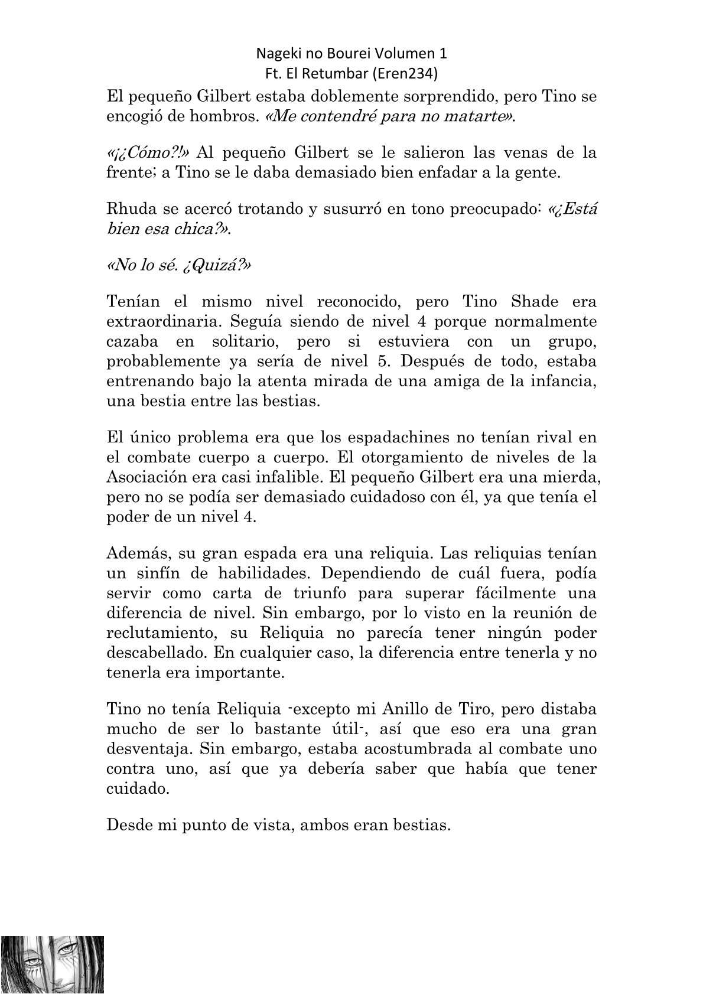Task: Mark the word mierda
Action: click(x=569, y=477)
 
